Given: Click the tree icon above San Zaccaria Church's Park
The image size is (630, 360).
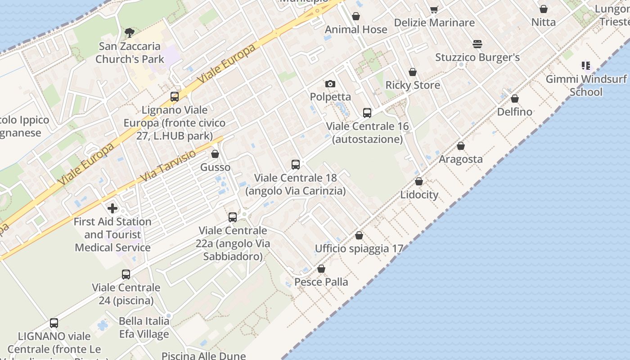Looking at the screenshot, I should pos(130,32).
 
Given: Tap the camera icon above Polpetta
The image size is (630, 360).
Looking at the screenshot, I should pos(330,84).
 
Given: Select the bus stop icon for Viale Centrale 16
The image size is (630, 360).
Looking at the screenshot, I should pos(367,113).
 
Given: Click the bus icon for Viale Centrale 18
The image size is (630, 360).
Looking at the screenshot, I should pos(296,165).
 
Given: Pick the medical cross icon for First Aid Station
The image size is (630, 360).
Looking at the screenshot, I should pos(112,208).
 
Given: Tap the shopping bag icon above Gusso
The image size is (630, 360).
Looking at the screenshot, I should pos(215,154).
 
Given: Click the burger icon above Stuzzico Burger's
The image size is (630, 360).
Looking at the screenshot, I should pos(477,44).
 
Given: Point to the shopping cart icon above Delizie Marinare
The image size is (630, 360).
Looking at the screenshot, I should pos(434,9).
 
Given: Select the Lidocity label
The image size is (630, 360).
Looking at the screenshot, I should pos(419,195).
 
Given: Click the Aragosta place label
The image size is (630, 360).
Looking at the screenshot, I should pos(460,159).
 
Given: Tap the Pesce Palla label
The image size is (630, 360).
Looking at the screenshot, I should pos(321,282).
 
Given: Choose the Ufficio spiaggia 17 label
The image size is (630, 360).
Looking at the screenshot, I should pos(359,248).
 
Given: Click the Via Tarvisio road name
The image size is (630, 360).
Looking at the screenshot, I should pos(168,166).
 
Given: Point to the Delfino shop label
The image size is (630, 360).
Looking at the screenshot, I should pos(514,112).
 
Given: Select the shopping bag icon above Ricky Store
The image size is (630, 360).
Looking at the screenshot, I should pos(413,72).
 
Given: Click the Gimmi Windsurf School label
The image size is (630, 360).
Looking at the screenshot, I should pos(586,85).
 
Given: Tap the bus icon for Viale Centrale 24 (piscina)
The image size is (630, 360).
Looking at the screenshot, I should pos(126,274).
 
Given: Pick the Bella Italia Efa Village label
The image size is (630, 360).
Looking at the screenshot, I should pos(144,328).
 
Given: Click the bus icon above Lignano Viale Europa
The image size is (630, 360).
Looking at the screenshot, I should pos(175,97).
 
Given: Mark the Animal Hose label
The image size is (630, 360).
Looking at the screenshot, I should pos(356,30).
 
